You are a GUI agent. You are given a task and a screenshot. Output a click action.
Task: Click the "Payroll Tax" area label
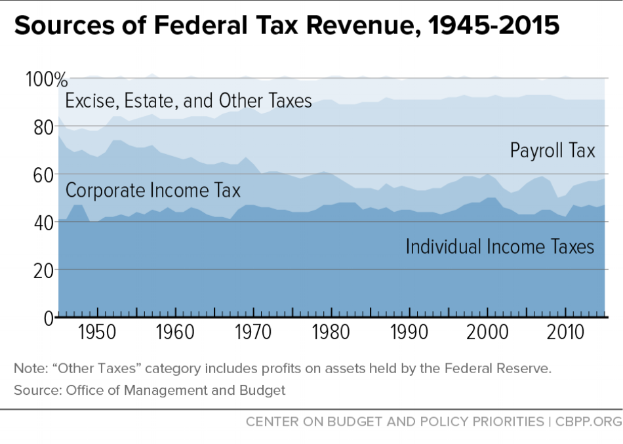point(552,151)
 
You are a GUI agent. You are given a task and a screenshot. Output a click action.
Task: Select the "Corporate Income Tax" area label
point(153,190)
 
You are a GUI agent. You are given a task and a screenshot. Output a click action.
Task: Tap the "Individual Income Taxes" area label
point(500,247)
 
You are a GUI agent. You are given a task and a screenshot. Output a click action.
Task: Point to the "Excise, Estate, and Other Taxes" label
point(189,101)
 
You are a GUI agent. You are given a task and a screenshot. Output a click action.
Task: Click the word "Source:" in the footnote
point(35,391)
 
